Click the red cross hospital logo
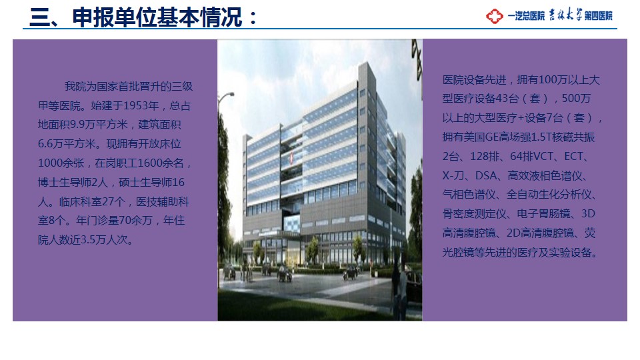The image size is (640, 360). click(494, 16)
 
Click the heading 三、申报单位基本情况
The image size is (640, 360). click(137, 17)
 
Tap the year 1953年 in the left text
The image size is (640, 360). click(141, 106)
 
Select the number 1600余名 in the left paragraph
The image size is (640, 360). click(161, 163)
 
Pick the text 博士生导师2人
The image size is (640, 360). click(73, 183)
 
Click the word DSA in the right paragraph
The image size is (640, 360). click(486, 175)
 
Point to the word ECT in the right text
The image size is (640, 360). click(573, 156)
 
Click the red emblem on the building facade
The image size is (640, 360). click(291, 159)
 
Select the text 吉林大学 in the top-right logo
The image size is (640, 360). click(565, 15)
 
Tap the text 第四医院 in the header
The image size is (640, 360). click(599, 16)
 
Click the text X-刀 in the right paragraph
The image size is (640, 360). click(453, 175)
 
